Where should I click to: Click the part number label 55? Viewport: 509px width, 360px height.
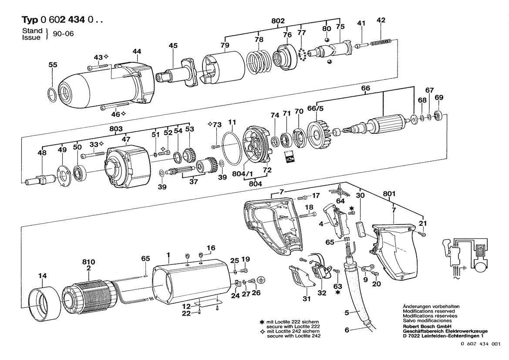click(x=53, y=65)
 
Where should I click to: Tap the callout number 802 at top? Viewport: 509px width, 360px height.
click(x=278, y=20)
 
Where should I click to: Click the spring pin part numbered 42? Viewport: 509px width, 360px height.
click(x=381, y=41)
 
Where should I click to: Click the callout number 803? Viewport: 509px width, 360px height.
click(x=116, y=129)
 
